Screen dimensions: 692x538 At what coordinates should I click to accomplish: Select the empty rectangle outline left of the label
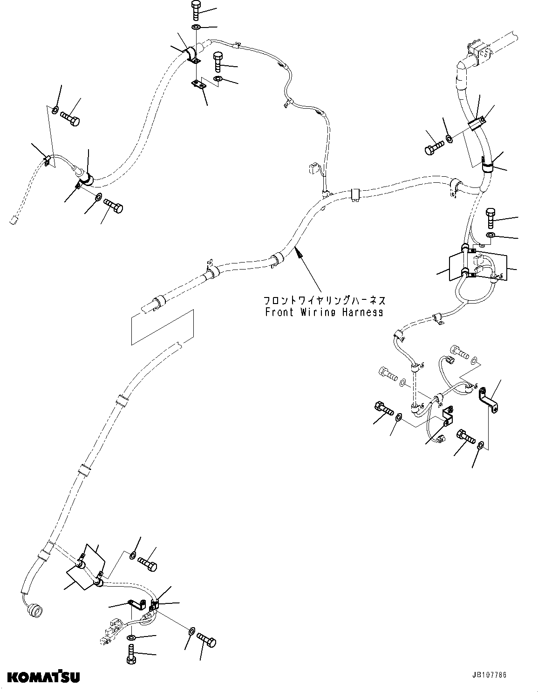click(x=162, y=327)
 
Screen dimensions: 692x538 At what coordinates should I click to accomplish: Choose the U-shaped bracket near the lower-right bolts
click(x=448, y=416)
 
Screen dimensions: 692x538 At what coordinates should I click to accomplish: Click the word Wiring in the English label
click(x=317, y=312)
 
